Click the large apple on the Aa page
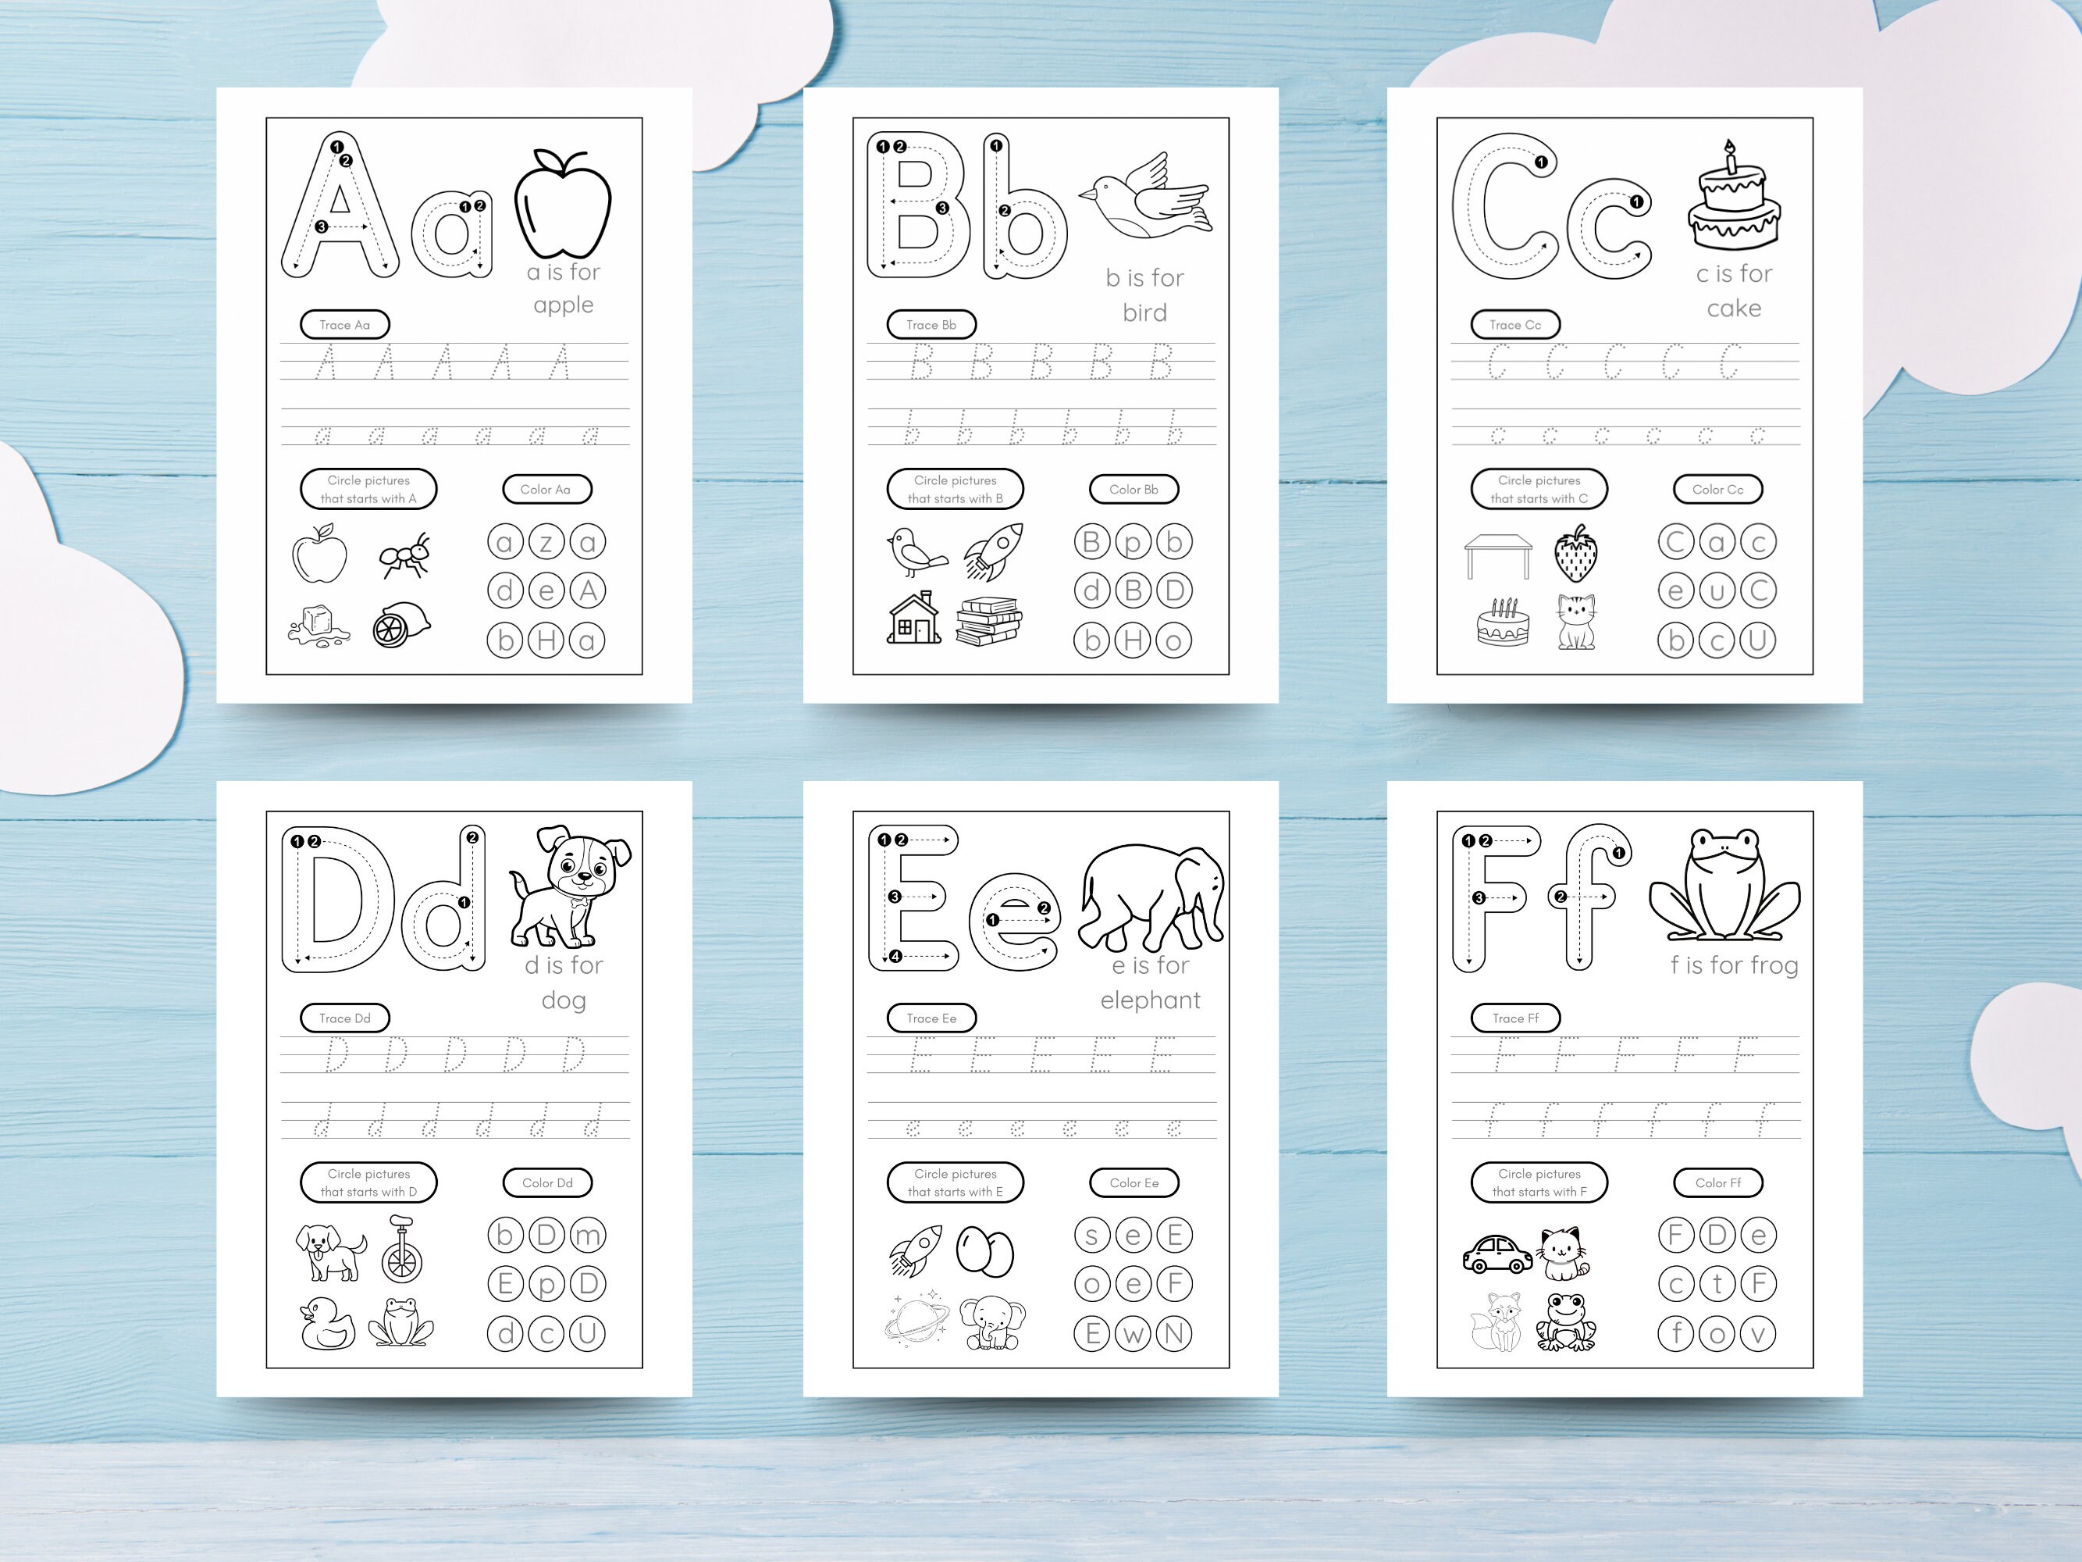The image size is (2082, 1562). pyautogui.click(x=563, y=205)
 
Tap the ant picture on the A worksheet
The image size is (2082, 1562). pyautogui.click(x=406, y=555)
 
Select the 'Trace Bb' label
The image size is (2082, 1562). pyautogui.click(x=931, y=325)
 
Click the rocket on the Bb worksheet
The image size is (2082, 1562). pyautogui.click(x=993, y=551)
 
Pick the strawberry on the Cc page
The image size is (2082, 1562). pyautogui.click(x=1575, y=556)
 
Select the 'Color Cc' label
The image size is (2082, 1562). pyautogui.click(x=1717, y=490)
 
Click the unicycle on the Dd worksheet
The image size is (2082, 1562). pyautogui.click(x=402, y=1249)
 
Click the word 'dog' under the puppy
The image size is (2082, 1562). pyautogui.click(x=564, y=1000)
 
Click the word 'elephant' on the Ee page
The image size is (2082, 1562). pyautogui.click(x=1150, y=1000)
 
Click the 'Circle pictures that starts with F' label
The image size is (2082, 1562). pyautogui.click(x=1539, y=1182)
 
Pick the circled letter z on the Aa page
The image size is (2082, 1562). pyautogui.click(x=546, y=542)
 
